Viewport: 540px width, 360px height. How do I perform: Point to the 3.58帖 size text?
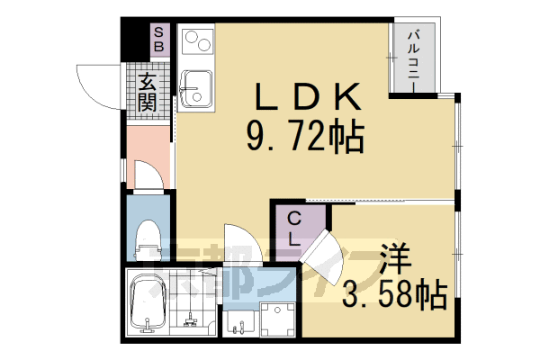(396, 292)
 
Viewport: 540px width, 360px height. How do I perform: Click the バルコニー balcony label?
(415, 57)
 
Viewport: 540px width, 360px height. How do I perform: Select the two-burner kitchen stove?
(195, 42)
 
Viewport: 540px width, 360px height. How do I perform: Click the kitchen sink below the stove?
(194, 87)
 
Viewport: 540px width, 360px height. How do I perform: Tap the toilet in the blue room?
(146, 238)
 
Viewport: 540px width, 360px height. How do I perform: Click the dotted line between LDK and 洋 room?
(378, 199)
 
